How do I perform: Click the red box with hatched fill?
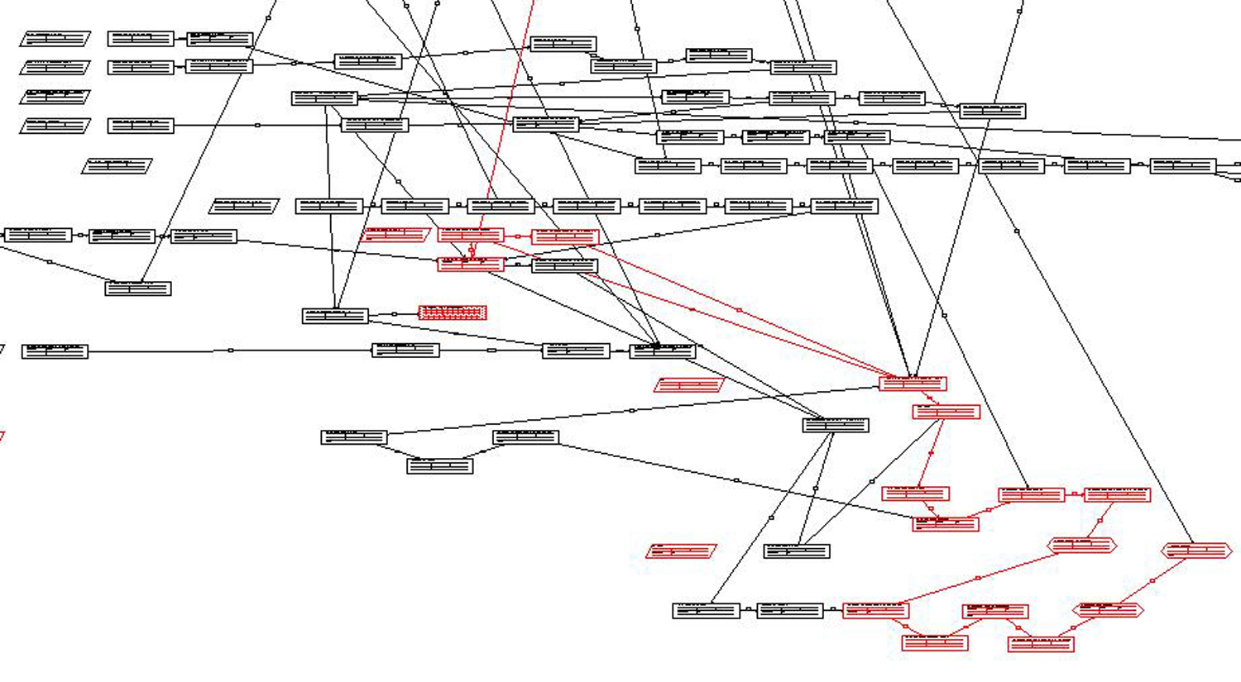453,312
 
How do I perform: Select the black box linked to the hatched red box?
335,316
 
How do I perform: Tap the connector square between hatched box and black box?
395,314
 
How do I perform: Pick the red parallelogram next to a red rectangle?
395,236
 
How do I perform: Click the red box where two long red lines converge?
913,384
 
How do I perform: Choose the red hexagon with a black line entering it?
1196,551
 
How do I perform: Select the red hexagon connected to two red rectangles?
1082,546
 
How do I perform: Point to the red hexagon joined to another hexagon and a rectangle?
1109,611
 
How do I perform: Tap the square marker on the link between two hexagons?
1152,581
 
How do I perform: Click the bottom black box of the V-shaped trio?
440,466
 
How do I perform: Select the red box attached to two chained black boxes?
876,611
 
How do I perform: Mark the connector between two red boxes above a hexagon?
1075,494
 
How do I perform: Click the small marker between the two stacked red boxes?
472,250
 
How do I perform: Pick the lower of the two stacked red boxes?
471,265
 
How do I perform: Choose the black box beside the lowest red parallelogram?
797,551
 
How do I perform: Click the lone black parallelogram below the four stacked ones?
117,166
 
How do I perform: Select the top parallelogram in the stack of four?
55,39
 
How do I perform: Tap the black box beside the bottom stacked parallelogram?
141,126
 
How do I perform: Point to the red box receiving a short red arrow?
946,412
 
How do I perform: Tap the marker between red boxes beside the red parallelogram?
518,236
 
